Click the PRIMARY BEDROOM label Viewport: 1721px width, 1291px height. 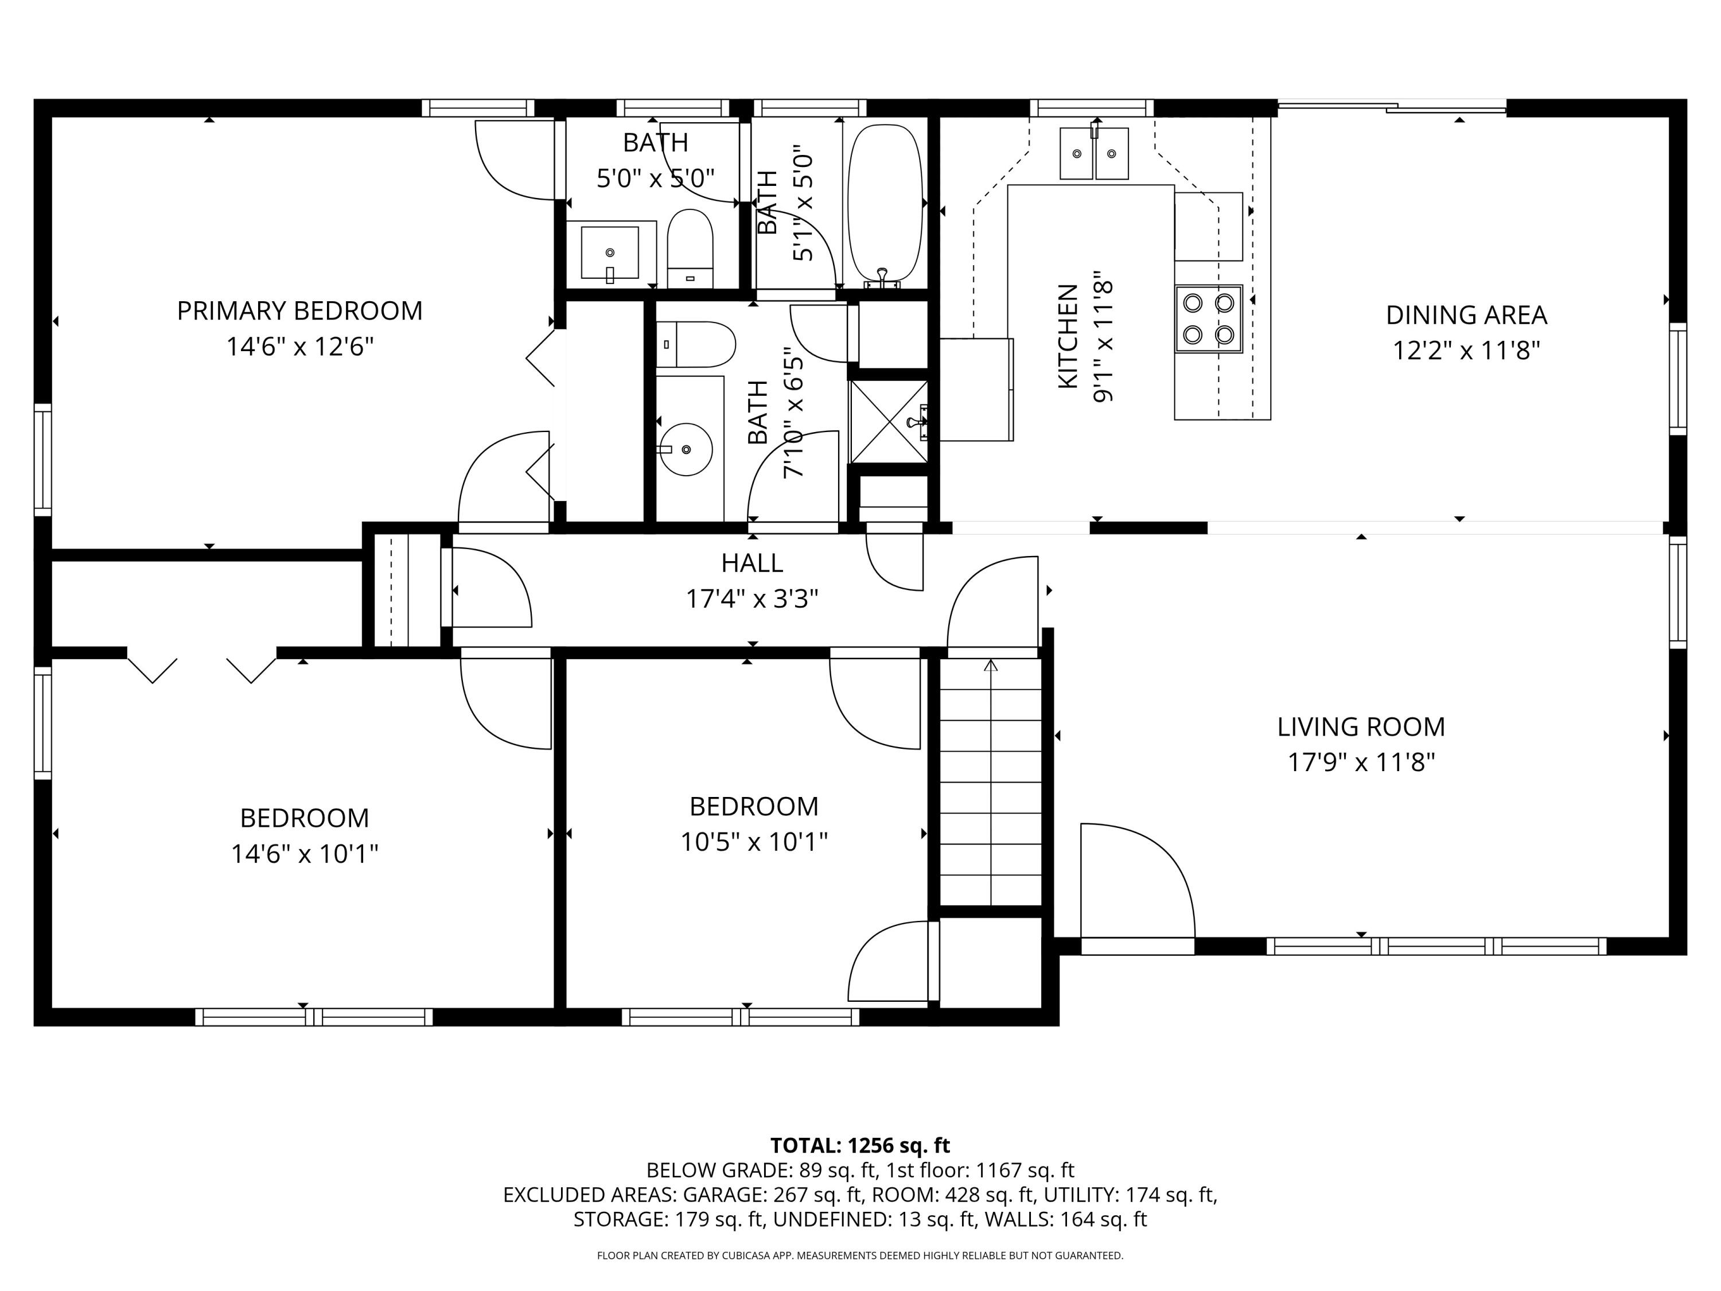click(299, 310)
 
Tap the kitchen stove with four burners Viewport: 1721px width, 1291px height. click(1208, 318)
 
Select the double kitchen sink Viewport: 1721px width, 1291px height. click(1094, 154)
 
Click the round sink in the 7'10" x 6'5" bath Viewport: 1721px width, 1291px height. click(686, 449)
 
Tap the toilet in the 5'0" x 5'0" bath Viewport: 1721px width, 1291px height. click(690, 247)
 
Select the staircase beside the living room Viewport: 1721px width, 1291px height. click(990, 782)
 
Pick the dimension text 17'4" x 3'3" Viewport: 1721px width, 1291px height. click(752, 598)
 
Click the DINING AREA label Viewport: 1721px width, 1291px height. click(1466, 315)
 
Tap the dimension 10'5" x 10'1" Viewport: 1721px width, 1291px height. click(753, 842)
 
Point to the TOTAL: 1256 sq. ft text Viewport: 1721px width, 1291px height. click(860, 1145)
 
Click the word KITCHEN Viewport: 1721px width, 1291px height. click(1068, 336)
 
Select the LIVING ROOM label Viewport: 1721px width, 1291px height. click(1360, 727)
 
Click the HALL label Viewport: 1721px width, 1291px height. click(752, 563)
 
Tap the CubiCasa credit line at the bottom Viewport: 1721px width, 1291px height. click(860, 1255)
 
